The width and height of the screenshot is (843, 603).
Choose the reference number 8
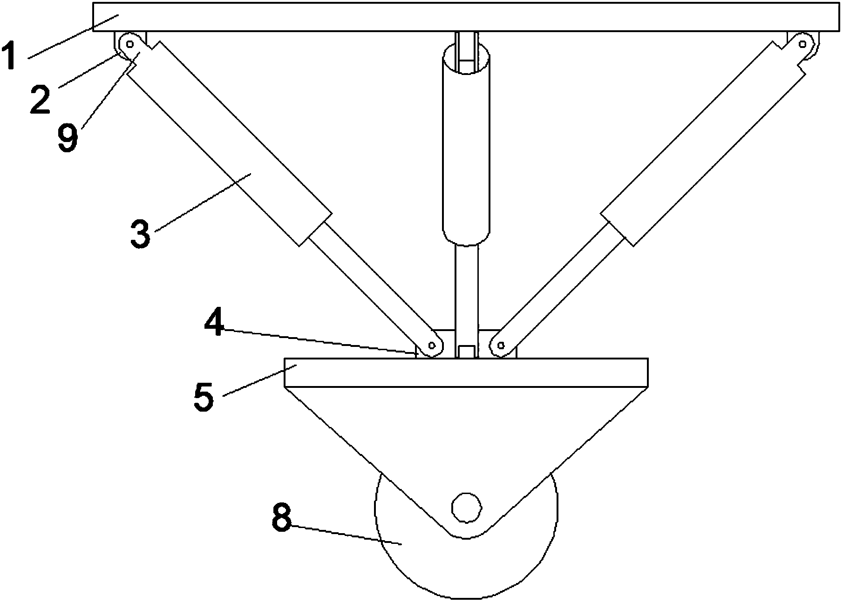click(x=281, y=518)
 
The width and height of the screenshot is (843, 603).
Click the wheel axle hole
click(x=466, y=508)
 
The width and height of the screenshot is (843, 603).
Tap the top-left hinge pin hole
click(x=130, y=45)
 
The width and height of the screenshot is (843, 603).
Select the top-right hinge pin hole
click(x=802, y=44)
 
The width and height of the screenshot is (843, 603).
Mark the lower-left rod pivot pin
click(x=432, y=346)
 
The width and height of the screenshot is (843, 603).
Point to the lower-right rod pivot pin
click(x=501, y=346)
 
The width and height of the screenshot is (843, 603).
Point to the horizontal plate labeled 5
click(x=466, y=373)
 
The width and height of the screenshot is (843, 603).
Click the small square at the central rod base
click(x=467, y=352)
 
